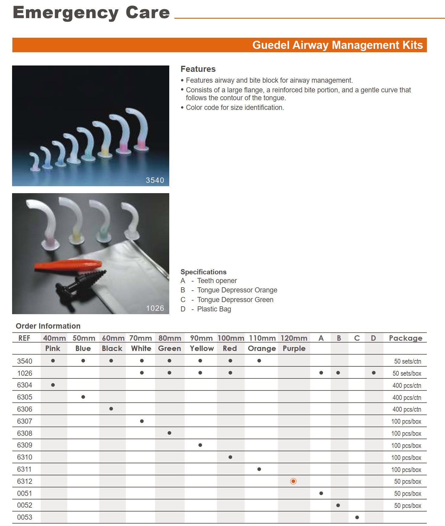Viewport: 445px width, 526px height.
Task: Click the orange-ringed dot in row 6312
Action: [x=293, y=481]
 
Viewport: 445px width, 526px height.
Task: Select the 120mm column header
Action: [x=294, y=338]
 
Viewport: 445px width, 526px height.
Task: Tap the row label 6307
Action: [x=25, y=421]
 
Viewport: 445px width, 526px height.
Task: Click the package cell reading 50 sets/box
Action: [x=407, y=373]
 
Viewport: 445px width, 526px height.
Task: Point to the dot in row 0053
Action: [x=357, y=517]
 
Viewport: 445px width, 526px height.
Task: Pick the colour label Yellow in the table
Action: [x=202, y=349]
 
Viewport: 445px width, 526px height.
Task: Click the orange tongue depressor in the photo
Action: [x=68, y=265]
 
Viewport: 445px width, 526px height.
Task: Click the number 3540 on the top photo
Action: [x=155, y=180]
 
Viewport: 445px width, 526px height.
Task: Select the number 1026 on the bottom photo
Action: [x=155, y=308]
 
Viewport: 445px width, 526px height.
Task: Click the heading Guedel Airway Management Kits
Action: [x=337, y=45]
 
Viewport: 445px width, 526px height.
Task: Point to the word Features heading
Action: [x=198, y=69]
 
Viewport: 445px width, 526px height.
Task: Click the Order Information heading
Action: [x=48, y=326]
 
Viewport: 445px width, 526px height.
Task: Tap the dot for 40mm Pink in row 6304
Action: [x=53, y=385]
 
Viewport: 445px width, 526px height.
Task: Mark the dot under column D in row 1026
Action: [x=373, y=373]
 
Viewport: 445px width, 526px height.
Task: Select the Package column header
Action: [x=405, y=338]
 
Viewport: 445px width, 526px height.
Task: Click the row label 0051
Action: [x=25, y=493]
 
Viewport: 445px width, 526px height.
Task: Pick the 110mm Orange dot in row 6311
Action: [x=259, y=469]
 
